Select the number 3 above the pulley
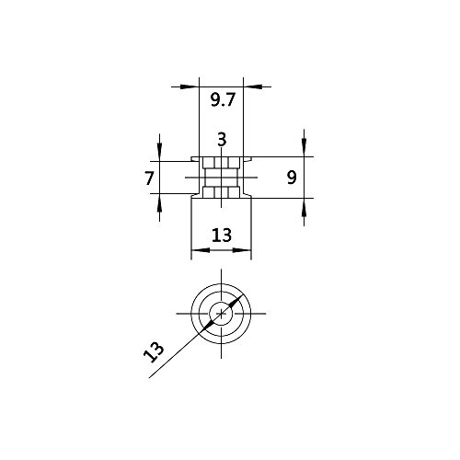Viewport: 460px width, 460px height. point(222,140)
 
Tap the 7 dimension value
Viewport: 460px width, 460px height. point(149,178)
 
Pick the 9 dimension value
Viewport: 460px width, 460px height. point(291,178)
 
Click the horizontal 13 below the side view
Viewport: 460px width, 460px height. point(221,236)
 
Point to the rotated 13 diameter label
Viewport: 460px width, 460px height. point(155,351)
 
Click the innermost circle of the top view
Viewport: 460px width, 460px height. point(222,314)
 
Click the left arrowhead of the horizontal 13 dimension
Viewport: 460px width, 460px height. point(194,251)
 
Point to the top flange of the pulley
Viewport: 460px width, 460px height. point(222,157)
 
